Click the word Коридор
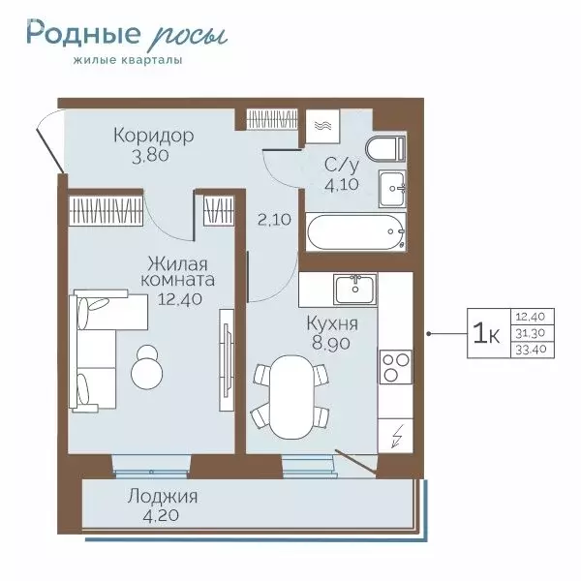pos(153,135)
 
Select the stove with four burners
pos(395,367)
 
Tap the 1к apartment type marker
pos(485,333)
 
